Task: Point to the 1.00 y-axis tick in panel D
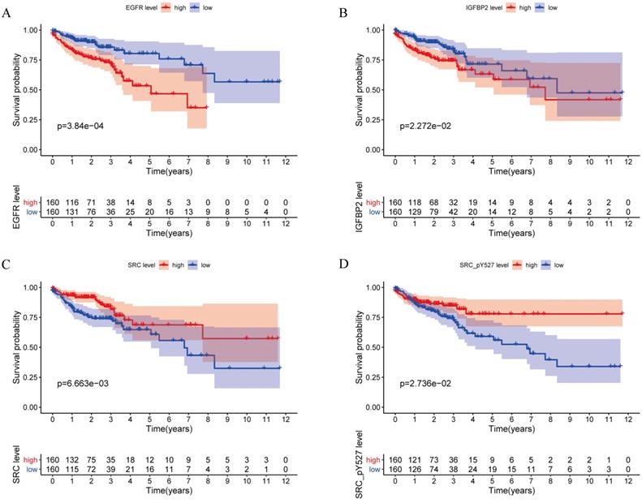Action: [376, 287]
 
